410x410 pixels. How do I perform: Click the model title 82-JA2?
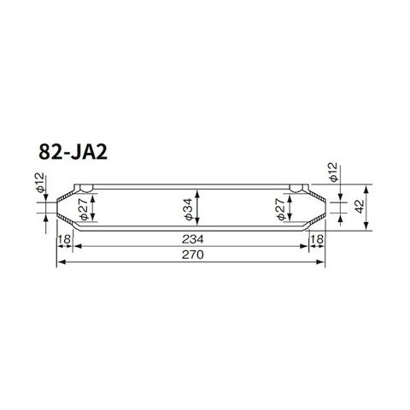coord(73,152)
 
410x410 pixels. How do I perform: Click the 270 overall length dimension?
coord(193,255)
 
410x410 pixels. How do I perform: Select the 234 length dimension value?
coord(193,239)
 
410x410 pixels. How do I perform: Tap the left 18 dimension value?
coord(65,239)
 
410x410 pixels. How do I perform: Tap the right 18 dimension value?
coord(317,239)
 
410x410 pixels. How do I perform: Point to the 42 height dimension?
coord(360,207)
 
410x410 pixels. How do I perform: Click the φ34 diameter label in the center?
coord(189,208)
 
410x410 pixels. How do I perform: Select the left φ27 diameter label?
coord(84,209)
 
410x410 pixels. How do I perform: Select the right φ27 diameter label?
coord(280,209)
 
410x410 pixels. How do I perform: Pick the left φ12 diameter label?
coord(40,182)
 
